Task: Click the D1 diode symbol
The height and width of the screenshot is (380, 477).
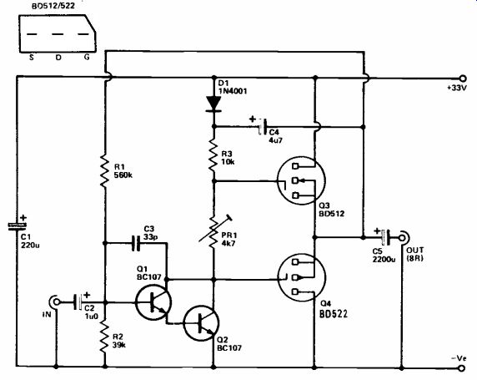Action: coord(213,104)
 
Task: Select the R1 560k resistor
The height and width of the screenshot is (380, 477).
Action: coord(104,170)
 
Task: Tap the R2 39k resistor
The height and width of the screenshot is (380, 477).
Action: coord(104,337)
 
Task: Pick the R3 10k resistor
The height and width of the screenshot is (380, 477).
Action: coord(213,156)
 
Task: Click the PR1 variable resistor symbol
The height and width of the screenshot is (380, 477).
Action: coord(214,229)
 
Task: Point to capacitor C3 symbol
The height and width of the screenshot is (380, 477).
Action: coord(137,243)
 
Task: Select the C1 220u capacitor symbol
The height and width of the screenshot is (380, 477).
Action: coord(17,225)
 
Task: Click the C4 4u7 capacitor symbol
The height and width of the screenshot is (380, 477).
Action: coord(262,126)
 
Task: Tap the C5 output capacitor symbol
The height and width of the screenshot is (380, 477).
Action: coord(385,237)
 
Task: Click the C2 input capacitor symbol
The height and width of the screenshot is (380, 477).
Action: coord(78,302)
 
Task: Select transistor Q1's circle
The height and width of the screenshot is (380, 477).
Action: coord(153,302)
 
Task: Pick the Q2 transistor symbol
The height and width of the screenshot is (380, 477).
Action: coord(201,323)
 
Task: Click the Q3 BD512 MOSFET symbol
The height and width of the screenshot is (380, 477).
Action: coord(301,180)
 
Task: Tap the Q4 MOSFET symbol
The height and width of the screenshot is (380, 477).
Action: coord(302,277)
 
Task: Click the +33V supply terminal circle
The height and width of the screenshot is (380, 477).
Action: coord(462,78)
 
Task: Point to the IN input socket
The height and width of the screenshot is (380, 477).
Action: coord(55,302)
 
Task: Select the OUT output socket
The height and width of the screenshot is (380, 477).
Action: coord(404,237)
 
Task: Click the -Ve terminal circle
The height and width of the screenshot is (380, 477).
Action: coord(462,368)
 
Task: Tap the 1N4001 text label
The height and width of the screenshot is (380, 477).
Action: coord(233,91)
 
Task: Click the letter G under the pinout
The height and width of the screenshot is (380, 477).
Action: coord(87,57)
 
